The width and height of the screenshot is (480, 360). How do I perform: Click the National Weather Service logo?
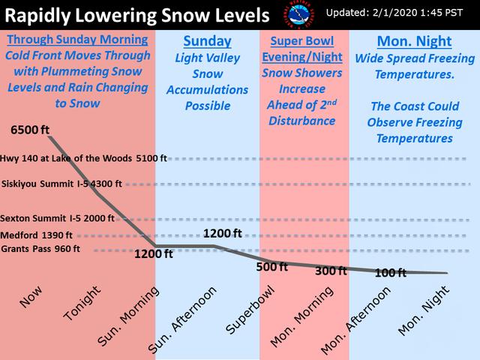point(298,15)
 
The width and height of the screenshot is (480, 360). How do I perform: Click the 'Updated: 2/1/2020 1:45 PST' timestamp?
point(394,13)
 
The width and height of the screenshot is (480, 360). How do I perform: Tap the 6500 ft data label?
point(30,130)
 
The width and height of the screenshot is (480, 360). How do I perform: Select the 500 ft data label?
point(271,267)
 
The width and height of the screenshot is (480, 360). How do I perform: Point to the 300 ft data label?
point(331,271)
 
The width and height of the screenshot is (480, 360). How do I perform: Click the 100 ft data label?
point(391,273)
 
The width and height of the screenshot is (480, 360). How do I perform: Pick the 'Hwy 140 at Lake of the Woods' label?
point(66,158)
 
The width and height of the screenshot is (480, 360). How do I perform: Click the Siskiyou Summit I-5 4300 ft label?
point(61,184)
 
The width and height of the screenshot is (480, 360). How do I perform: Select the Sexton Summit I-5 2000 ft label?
point(57,218)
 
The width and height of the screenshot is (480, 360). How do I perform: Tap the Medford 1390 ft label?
point(36,235)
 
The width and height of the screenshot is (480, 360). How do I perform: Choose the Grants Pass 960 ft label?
point(40,248)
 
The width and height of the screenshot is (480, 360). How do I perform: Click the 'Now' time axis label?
point(30,297)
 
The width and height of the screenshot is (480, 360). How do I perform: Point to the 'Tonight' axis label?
point(82,303)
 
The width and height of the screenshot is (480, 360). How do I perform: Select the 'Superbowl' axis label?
point(250,310)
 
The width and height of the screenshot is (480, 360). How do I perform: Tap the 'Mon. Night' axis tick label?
point(423,310)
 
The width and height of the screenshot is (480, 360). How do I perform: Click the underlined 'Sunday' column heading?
point(207,41)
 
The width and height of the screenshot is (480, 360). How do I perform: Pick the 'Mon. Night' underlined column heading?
point(415,41)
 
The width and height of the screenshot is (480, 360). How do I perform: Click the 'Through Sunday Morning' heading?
point(77,40)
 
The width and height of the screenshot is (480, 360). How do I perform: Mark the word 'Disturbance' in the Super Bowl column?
point(301,121)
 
